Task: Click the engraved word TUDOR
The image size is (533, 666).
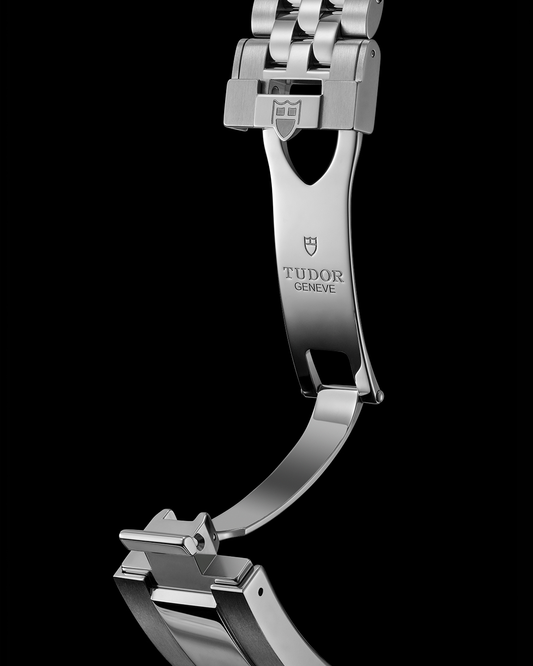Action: point(314,276)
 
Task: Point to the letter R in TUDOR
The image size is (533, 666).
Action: point(338,277)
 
